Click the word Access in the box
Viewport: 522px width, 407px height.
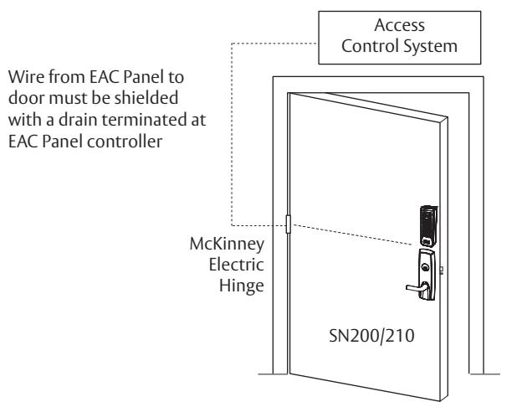399,25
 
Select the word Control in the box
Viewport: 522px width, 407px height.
369,46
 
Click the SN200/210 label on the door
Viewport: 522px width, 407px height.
371,335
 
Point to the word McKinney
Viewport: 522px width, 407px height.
227,245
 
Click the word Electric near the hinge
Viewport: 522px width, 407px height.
237,265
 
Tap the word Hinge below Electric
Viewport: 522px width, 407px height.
242,286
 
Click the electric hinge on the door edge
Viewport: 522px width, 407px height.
289,224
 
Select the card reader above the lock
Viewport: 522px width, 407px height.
428,225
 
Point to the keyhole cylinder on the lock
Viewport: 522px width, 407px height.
425,267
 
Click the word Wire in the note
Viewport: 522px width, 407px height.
27,77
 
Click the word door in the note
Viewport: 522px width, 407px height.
26,98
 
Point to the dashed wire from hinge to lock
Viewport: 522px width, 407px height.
351,234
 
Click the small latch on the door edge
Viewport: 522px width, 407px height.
442,270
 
